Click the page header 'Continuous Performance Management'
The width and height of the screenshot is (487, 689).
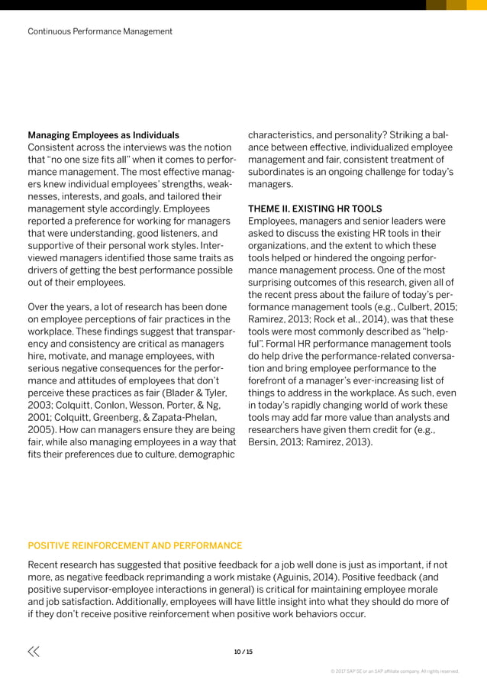100,31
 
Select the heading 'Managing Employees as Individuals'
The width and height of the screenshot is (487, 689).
103,135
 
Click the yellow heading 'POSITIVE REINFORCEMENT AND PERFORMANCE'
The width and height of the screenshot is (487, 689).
135,545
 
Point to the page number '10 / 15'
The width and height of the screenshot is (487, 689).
243,652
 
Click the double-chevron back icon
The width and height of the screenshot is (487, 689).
34,652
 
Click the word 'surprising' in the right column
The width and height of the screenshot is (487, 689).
276,282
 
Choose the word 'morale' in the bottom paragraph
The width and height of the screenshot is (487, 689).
421,590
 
